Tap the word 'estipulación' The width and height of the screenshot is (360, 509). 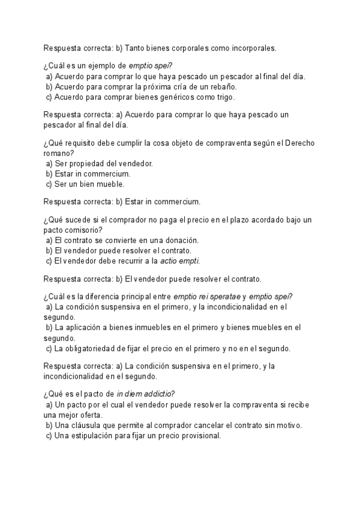coord(96,435)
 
